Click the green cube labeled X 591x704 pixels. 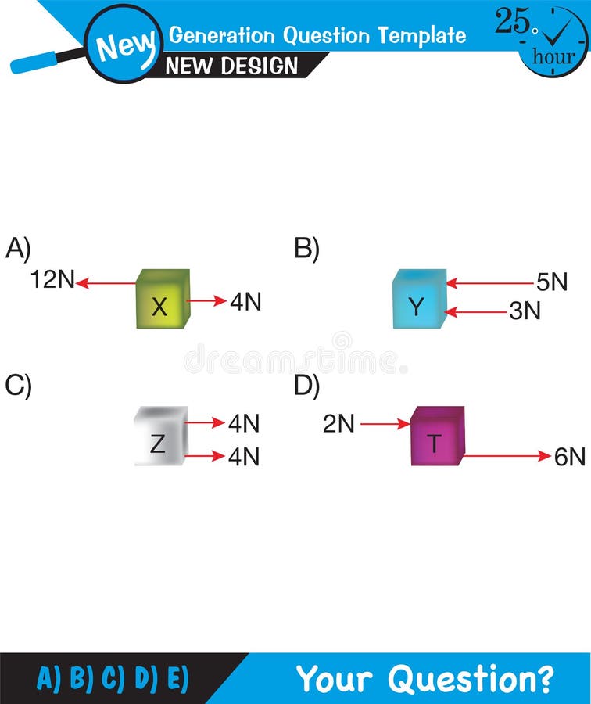[162, 300]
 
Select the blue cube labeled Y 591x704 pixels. [418, 300]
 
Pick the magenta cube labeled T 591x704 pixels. [437, 436]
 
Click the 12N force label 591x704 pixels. [52, 280]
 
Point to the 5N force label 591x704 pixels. [552, 282]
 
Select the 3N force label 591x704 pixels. [525, 311]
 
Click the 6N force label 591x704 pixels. [570, 458]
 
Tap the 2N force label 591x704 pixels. [339, 424]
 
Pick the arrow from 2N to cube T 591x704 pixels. [385, 424]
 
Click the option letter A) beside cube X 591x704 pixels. [18, 249]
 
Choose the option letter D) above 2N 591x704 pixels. [307, 386]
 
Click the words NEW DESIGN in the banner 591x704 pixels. [232, 66]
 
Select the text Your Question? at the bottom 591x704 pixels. [425, 678]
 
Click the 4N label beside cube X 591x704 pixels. [245, 302]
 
